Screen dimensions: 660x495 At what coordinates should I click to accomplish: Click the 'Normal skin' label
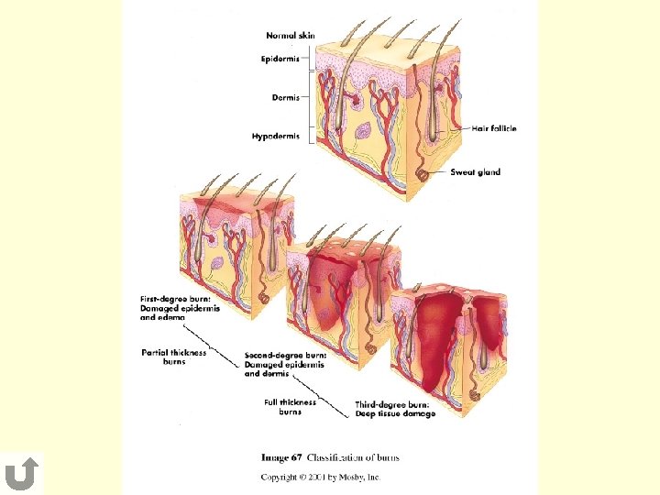[x=291, y=36]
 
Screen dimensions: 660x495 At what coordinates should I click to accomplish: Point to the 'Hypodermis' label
[x=276, y=136]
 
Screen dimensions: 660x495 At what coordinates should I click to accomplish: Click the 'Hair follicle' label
[x=495, y=128]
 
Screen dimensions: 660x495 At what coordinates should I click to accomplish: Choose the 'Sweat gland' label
[x=475, y=172]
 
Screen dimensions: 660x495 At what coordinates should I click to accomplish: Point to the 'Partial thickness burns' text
[x=174, y=356]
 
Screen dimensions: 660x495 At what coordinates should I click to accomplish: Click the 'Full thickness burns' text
[x=290, y=406]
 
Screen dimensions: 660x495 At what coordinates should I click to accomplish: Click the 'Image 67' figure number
[x=281, y=457]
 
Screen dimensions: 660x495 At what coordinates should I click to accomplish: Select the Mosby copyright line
[x=320, y=477]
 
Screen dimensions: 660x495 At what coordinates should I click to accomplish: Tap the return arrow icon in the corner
[x=21, y=474]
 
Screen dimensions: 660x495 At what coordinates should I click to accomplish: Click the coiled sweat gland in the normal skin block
[x=423, y=172]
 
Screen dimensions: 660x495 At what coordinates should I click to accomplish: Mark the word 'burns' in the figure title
[x=385, y=457]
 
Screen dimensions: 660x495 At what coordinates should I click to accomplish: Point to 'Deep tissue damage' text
[x=395, y=413]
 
